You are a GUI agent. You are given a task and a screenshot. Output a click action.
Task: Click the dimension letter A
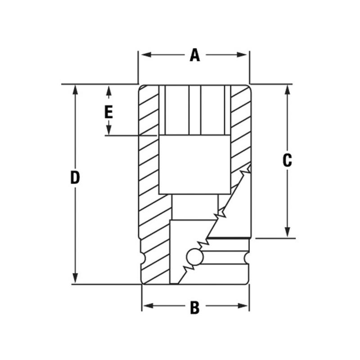pyautogui.click(x=194, y=55)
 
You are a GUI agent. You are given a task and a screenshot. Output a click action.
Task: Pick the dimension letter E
pyautogui.click(x=108, y=111)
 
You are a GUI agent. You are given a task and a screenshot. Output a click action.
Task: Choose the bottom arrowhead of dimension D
pyautogui.click(x=75, y=279)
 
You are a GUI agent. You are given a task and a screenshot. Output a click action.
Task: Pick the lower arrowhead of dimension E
pyautogui.click(x=108, y=131)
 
